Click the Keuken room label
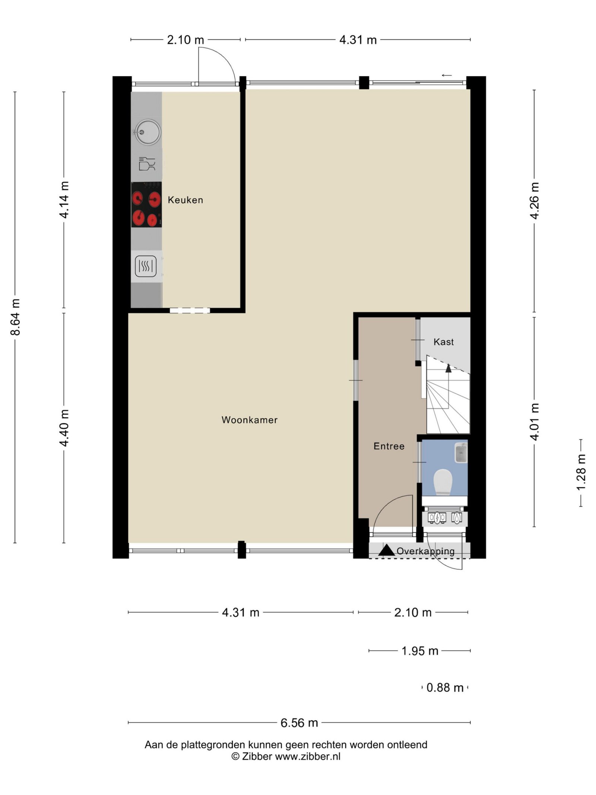pyautogui.click(x=185, y=200)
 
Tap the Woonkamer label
pyautogui.click(x=250, y=420)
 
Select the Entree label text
pyautogui.click(x=389, y=446)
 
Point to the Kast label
pyautogui.click(x=444, y=342)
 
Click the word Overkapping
pyautogui.click(x=425, y=551)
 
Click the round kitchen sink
pyautogui.click(x=148, y=132)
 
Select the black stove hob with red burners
pyautogui.click(x=146, y=205)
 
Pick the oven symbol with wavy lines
pyautogui.click(x=146, y=266)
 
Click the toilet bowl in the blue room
pyautogui.click(x=443, y=482)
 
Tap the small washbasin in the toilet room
pyautogui.click(x=461, y=453)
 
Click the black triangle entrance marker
pyautogui.click(x=387, y=550)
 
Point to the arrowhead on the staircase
pyautogui.click(x=448, y=368)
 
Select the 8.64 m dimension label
pyautogui.click(x=15, y=317)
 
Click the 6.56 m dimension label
pyautogui.click(x=299, y=723)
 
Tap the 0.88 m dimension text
pyautogui.click(x=445, y=688)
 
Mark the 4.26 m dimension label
pyautogui.click(x=535, y=201)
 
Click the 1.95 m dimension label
pyautogui.click(x=420, y=651)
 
